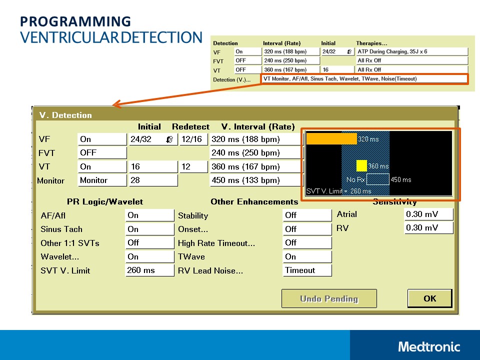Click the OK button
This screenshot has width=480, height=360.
tap(429, 298)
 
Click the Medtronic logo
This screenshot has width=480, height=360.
tap(429, 346)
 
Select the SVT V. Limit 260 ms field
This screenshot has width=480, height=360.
tap(149, 270)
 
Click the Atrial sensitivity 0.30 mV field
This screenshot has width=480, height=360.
tap(428, 214)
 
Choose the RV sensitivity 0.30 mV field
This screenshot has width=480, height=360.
tap(428, 228)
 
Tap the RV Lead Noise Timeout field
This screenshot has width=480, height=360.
tap(307, 270)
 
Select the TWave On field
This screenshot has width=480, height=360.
tap(307, 256)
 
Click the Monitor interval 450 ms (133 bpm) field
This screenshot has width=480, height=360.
tap(256, 180)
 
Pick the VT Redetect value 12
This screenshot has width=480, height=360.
tap(193, 167)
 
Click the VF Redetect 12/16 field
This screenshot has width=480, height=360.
tap(193, 139)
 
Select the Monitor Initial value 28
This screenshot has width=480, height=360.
tap(153, 180)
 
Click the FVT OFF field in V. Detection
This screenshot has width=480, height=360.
tap(102, 153)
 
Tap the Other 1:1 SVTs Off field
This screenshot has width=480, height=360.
tap(149, 243)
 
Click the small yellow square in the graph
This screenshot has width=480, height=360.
tap(361, 166)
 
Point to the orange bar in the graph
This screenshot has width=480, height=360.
tap(331, 138)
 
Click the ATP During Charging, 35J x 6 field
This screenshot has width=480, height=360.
tap(411, 51)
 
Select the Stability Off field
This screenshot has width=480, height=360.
tap(307, 215)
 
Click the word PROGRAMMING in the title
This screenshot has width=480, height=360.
tap(75, 21)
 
